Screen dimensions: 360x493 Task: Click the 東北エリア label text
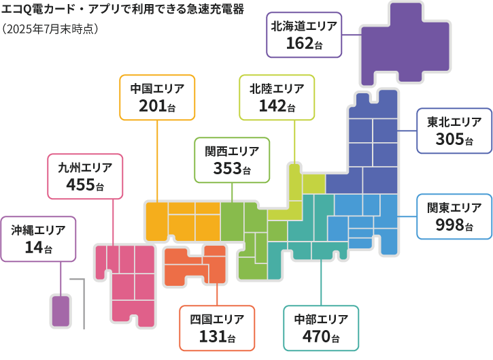click(x=454, y=122)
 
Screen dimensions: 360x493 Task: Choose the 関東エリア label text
click(x=454, y=208)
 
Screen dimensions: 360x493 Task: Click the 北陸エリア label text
click(x=277, y=88)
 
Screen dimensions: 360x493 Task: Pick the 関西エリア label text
click(x=232, y=150)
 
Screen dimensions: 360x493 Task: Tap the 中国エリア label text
click(x=157, y=88)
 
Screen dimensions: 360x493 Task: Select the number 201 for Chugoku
click(x=152, y=106)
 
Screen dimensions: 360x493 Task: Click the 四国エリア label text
click(x=217, y=318)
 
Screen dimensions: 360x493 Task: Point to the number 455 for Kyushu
click(x=80, y=184)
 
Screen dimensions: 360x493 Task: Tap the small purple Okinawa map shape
click(x=61, y=310)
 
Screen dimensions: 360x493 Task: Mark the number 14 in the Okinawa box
click(x=33, y=248)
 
